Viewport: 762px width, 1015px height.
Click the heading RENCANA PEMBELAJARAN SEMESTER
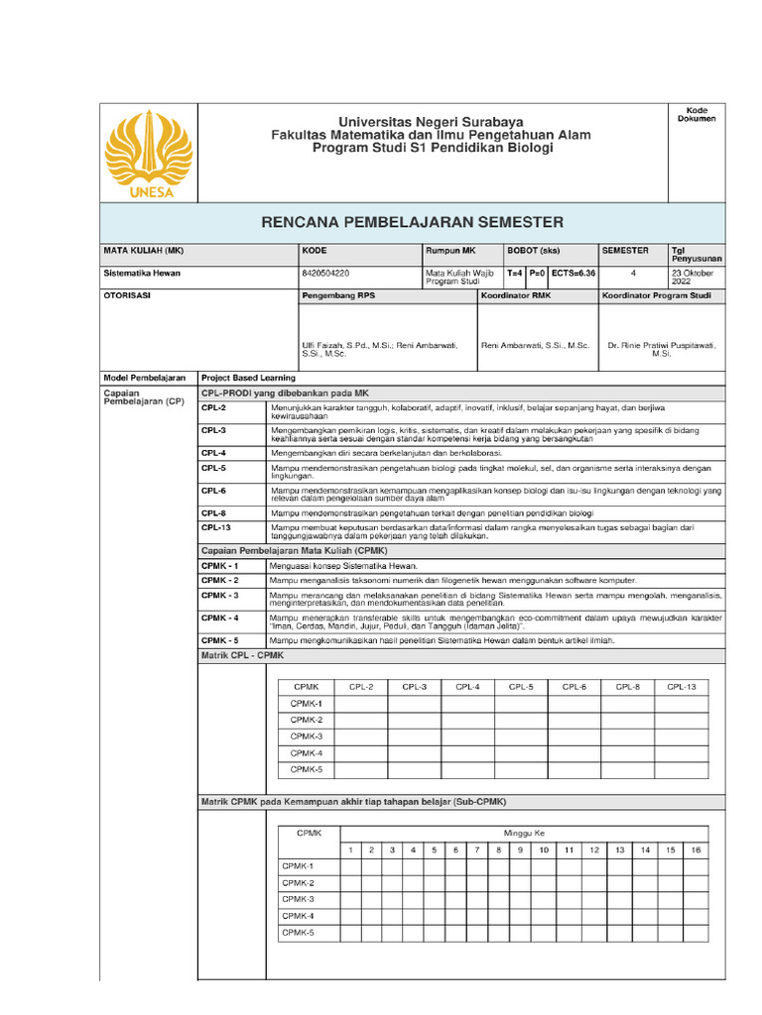click(412, 222)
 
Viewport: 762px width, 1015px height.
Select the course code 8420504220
click(324, 273)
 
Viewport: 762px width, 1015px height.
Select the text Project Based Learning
click(249, 378)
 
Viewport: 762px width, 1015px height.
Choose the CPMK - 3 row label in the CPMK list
click(220, 595)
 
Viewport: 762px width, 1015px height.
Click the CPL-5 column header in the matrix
click(521, 686)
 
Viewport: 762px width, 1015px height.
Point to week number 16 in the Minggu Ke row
click(696, 850)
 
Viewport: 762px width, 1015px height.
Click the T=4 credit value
click(515, 273)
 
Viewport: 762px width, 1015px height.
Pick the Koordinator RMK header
click(515, 295)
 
